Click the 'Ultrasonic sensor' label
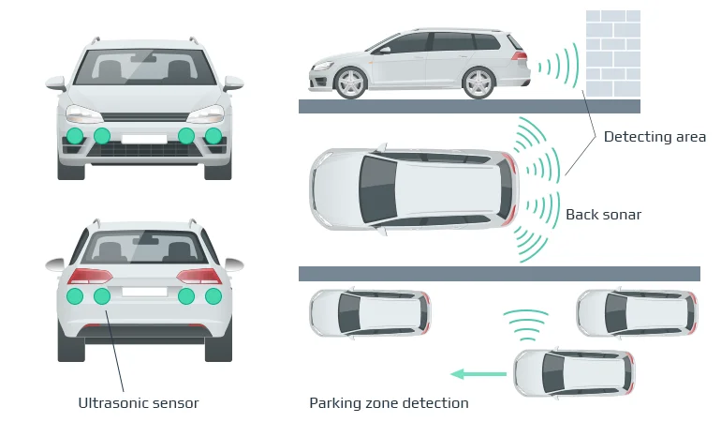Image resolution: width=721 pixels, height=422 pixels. click(x=139, y=403)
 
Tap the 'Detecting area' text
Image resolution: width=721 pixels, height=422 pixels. click(x=655, y=137)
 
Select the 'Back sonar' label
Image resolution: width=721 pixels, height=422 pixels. click(x=603, y=215)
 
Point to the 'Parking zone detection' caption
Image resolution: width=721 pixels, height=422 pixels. click(x=389, y=403)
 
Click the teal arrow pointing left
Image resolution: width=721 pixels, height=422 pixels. click(x=478, y=374)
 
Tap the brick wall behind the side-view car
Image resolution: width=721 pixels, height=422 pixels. click(x=612, y=53)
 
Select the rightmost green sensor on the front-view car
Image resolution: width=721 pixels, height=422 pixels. click(x=213, y=136)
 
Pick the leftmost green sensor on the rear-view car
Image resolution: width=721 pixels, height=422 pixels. click(x=75, y=296)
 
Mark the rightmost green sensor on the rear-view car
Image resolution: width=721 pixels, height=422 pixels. click(x=213, y=296)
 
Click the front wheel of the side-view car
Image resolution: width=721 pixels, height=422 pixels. click(x=350, y=83)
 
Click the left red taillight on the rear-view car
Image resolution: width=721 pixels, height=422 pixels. click(x=90, y=277)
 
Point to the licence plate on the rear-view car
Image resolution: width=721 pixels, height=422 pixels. click(x=144, y=290)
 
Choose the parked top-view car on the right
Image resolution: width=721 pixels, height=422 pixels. click(x=636, y=312)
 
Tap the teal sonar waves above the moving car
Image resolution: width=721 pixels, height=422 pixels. click(x=525, y=324)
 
